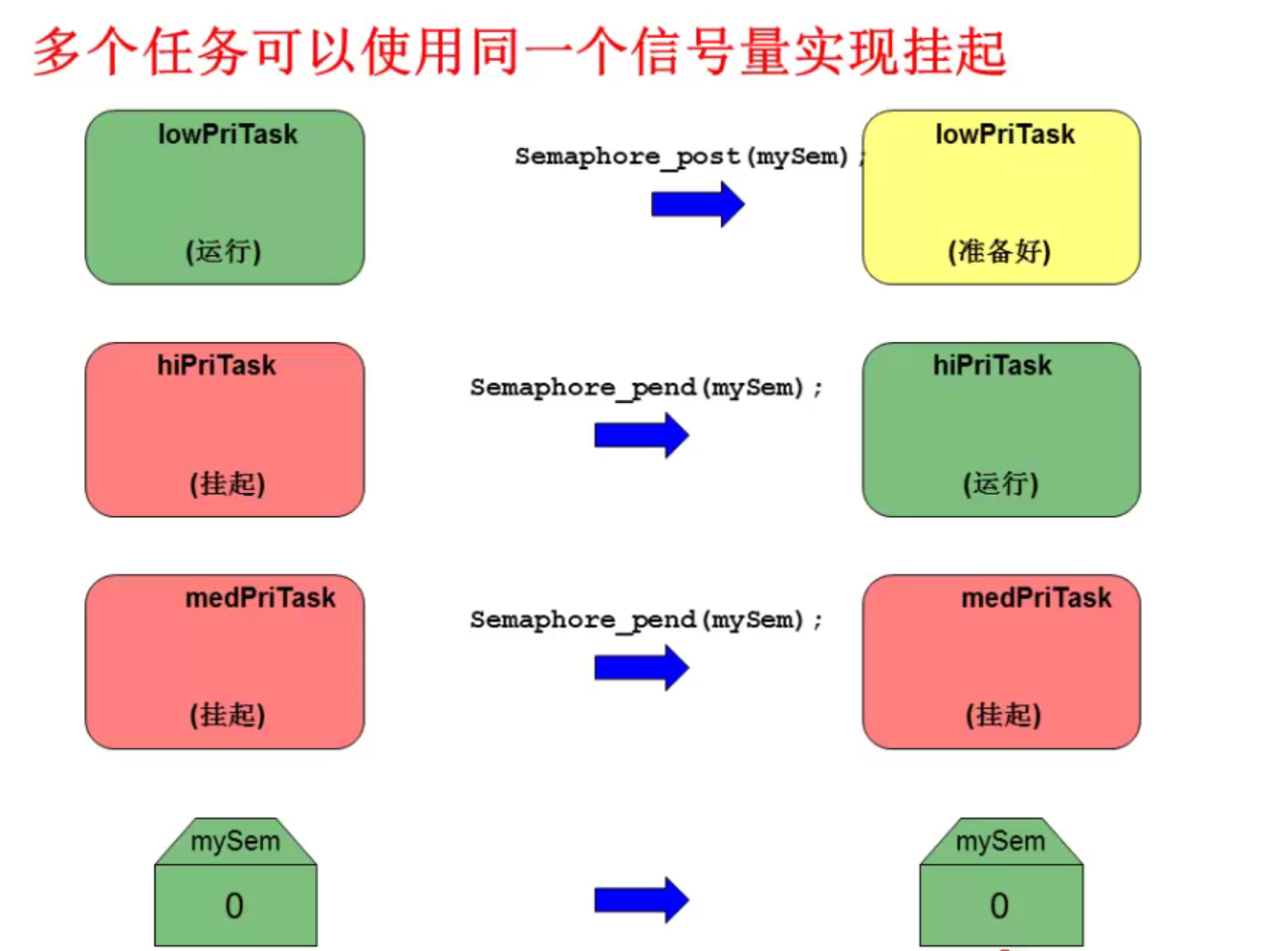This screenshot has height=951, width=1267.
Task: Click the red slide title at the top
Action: pos(520,52)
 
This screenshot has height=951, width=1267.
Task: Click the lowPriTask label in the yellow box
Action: pos(1004,134)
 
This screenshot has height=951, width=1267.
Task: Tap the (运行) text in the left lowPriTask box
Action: pos(223,251)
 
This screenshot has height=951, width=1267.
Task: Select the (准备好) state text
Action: pos(999,251)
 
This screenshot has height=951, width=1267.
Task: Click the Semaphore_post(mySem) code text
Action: pos(682,157)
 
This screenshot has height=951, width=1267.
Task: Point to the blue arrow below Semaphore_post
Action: pos(698,204)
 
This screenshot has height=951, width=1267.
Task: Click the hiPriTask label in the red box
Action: pos(216,365)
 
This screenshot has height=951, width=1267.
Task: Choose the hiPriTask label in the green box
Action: pos(992,365)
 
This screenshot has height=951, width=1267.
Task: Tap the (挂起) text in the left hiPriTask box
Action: pos(227,483)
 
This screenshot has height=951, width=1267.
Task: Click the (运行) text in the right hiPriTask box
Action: pos(1000,483)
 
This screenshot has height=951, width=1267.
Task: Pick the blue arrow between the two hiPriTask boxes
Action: pos(641,435)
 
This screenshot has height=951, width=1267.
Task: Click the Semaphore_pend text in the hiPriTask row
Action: pos(646,389)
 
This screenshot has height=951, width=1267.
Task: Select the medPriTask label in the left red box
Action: pos(260,598)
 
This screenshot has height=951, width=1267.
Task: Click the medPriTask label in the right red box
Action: pos(1036,598)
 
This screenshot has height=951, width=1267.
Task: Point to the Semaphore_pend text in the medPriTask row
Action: pos(646,620)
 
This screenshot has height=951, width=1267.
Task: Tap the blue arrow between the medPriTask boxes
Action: pos(641,667)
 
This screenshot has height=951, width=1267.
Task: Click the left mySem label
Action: pos(235,841)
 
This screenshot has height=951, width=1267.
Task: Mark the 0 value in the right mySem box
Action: pos(999,906)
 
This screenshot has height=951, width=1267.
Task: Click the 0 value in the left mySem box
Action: pos(234,906)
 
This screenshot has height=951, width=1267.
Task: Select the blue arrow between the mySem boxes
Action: pos(641,900)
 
